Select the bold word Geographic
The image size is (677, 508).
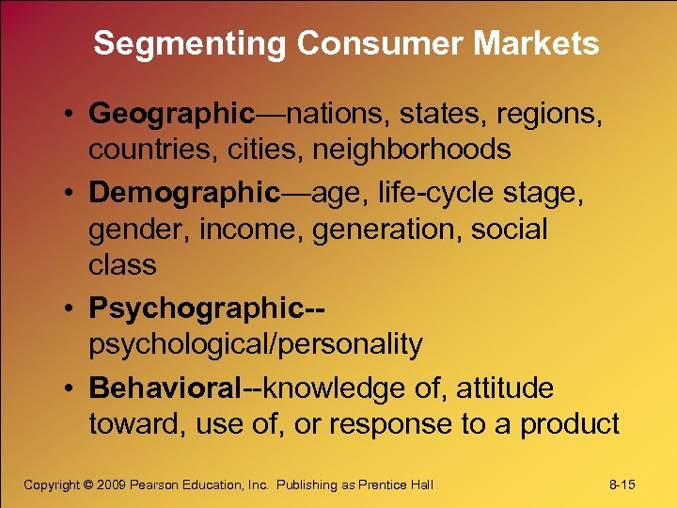172,115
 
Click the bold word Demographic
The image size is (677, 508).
184,194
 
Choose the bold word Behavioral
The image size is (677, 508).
165,388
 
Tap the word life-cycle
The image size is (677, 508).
428,194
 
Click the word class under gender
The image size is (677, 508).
122,265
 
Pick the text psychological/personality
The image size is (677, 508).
256,344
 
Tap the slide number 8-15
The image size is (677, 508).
622,485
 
